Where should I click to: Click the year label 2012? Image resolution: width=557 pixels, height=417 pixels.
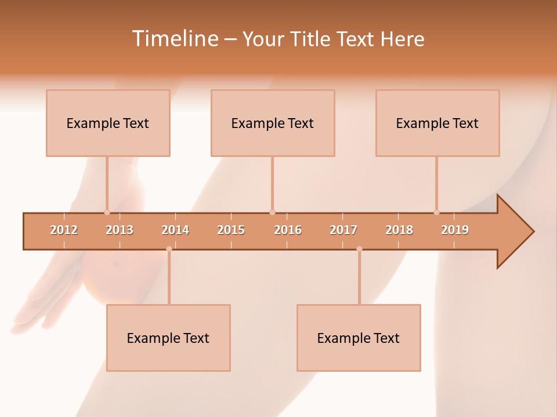64,230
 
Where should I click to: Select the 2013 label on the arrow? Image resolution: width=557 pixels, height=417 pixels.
120,230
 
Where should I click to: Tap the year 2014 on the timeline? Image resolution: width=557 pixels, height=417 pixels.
175,230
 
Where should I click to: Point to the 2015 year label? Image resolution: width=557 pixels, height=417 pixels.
231,230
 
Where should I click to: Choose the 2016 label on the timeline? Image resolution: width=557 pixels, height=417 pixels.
288,230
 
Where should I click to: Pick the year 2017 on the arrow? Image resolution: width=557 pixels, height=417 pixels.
343,230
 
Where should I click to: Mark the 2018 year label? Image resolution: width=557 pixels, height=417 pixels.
399,230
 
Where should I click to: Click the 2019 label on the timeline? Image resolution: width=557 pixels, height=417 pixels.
455,230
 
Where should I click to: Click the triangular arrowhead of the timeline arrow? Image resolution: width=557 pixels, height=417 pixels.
513,232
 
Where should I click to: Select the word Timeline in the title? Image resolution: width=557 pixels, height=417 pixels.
174,39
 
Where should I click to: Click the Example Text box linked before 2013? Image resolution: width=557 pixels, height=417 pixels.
108,123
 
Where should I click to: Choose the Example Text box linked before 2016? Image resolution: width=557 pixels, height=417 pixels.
273,123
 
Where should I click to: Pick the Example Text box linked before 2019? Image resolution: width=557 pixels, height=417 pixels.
437,123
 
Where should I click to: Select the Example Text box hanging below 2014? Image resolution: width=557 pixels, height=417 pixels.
168,338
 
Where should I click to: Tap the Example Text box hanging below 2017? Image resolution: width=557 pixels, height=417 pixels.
359,338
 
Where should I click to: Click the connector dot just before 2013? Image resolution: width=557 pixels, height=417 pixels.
107,212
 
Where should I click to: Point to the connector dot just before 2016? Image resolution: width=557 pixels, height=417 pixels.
272,212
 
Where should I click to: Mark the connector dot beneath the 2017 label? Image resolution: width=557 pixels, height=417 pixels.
359,249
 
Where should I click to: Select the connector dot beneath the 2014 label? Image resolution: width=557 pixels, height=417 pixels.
169,249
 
